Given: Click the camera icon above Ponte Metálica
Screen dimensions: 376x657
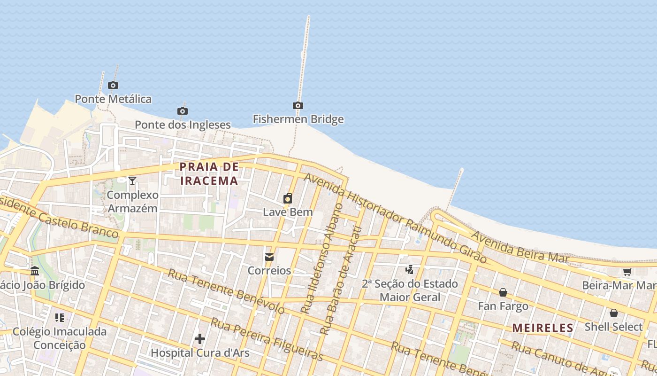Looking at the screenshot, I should tap(113, 85).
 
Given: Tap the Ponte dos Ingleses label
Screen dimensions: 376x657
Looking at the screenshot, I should tap(183, 125).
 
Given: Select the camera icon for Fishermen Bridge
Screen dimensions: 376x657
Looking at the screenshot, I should tap(298, 105).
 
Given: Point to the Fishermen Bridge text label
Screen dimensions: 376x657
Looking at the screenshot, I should tap(298, 119).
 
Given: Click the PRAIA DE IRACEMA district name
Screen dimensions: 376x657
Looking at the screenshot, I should tap(209, 173).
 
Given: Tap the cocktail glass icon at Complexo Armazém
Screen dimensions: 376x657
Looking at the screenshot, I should tap(132, 180).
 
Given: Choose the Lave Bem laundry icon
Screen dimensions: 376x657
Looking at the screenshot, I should tap(288, 198).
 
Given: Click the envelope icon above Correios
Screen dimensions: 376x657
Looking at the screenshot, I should tap(269, 257).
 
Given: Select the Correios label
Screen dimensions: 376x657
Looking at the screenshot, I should tap(269, 271).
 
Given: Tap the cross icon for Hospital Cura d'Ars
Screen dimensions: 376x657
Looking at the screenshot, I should tap(200, 338).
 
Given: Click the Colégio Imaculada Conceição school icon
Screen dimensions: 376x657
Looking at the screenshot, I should tap(59, 318).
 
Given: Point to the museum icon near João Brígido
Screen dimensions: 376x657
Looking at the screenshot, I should tap(35, 271).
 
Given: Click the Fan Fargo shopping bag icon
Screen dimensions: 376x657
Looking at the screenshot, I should tap(503, 292).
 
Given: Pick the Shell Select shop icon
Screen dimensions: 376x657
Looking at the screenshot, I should tap(613, 313).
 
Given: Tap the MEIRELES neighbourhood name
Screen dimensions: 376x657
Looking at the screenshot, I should tap(542, 328).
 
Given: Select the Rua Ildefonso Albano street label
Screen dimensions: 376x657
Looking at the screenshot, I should tap(322, 258).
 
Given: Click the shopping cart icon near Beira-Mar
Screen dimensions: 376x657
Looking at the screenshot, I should tap(627, 272).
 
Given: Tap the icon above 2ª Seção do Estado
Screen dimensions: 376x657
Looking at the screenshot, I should tap(410, 269).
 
